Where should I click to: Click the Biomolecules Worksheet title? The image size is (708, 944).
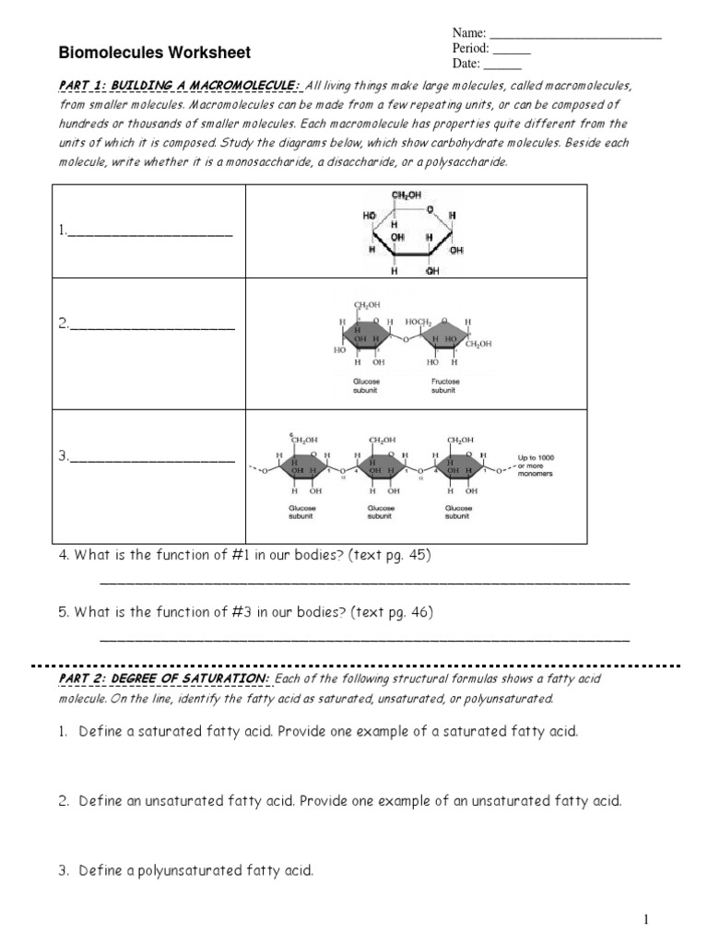155,53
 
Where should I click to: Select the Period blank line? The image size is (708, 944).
512,52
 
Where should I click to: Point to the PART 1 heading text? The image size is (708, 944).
180,86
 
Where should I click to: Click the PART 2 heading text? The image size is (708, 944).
164,679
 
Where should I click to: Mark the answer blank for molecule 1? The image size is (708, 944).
149,234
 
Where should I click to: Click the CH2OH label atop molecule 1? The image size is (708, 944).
407,195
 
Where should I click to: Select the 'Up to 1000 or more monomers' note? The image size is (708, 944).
536,466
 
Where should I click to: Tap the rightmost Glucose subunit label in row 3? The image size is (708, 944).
458,513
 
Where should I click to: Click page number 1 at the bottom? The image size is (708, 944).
646,919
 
